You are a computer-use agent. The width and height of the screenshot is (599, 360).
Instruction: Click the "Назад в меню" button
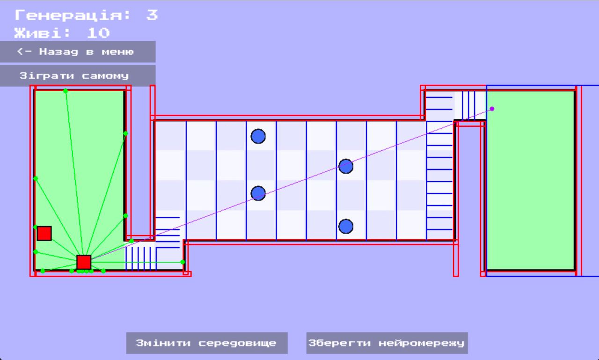pos(78,51)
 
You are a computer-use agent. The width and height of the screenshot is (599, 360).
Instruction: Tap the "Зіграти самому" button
pos(78,75)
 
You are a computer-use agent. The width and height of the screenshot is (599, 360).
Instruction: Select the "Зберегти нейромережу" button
pos(387,343)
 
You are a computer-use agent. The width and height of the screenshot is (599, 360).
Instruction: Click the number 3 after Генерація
pos(152,15)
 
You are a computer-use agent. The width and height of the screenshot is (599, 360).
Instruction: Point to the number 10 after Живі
pos(98,33)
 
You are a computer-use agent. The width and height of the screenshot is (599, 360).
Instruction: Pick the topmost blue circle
pos(258,136)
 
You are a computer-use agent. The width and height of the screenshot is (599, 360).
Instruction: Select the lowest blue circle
pos(346,227)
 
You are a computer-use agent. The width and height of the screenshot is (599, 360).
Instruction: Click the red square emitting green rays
pos(84,262)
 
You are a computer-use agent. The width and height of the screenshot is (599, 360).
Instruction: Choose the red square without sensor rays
pos(44,233)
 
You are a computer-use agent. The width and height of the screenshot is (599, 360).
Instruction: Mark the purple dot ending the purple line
pos(492,109)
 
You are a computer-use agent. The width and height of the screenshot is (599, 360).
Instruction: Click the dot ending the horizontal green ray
pos(183,262)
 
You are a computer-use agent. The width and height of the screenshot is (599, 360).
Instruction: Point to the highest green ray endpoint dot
pos(66,91)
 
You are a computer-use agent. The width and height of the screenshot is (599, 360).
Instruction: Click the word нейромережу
pos(421,343)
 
